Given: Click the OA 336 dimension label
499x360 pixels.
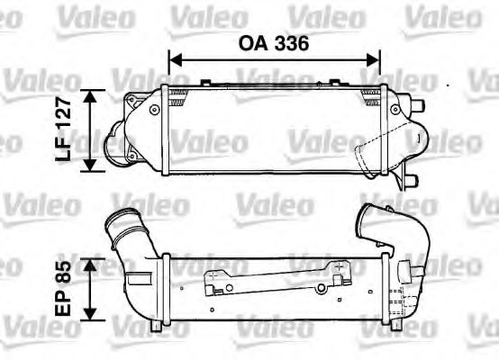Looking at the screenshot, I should point(274,42).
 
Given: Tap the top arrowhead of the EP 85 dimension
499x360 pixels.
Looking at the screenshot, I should point(91,262).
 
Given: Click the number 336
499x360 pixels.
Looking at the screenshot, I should point(292,42).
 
